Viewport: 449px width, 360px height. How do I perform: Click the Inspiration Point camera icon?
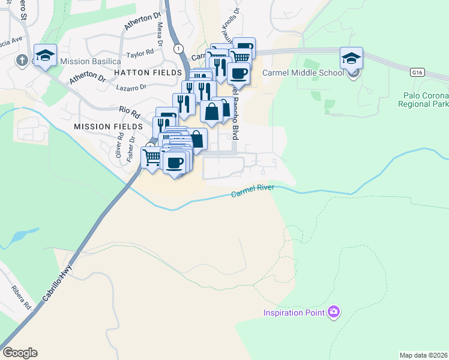334,312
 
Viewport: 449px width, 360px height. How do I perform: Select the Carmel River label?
253,191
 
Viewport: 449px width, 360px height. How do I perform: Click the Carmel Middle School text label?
303,73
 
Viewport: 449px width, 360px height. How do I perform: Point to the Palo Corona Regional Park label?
423,100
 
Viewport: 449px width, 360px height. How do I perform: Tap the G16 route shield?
418,72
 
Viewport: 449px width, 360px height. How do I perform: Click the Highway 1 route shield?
178,48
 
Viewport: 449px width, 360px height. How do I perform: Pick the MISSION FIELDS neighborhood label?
108,127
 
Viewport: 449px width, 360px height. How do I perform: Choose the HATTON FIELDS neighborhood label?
138,71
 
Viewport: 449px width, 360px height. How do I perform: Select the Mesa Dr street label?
160,34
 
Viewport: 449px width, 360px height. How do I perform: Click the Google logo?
20,353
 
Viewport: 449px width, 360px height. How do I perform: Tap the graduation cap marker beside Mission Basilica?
45,55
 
